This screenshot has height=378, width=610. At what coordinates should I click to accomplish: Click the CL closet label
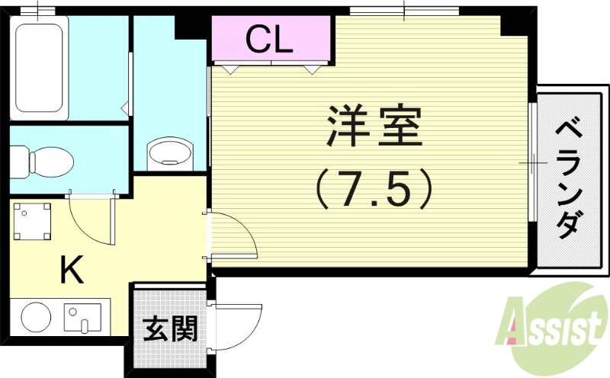(x=270, y=40)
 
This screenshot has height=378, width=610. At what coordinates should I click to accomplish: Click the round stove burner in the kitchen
(x=35, y=317)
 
